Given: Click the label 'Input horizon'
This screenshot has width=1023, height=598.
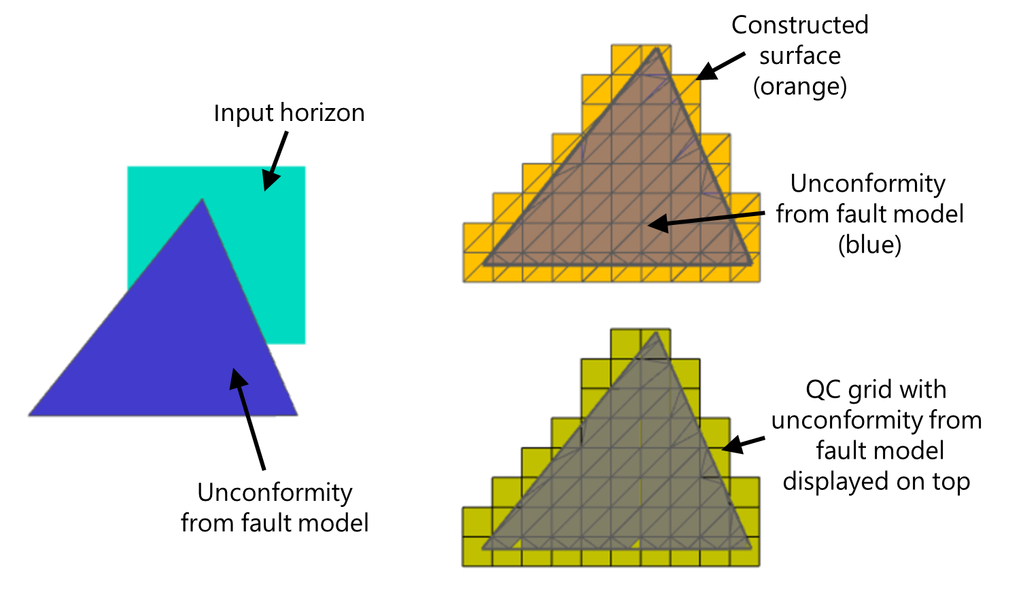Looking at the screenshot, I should pos(289,113).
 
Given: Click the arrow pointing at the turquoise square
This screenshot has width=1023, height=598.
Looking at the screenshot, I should pos(276,160).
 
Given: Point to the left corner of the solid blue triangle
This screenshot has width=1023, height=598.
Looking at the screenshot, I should pos(30,415).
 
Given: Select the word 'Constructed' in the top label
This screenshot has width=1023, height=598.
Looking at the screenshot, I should pos(799,25).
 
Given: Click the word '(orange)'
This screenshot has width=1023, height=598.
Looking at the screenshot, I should pos(799,86).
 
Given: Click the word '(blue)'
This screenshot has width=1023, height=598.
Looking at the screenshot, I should pos(869,245).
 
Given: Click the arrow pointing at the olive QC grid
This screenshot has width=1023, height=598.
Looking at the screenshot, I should pos(742,444).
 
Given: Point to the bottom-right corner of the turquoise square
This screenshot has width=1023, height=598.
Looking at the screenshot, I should pos(304,342).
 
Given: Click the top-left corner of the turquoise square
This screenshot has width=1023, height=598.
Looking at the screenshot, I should pos(128,167).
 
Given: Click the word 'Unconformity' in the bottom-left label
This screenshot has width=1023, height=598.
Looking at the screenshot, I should pos(275,492).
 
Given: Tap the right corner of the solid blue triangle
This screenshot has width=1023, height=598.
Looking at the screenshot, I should pos(297,415).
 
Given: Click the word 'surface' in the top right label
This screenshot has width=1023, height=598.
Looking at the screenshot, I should pos(799,56).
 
